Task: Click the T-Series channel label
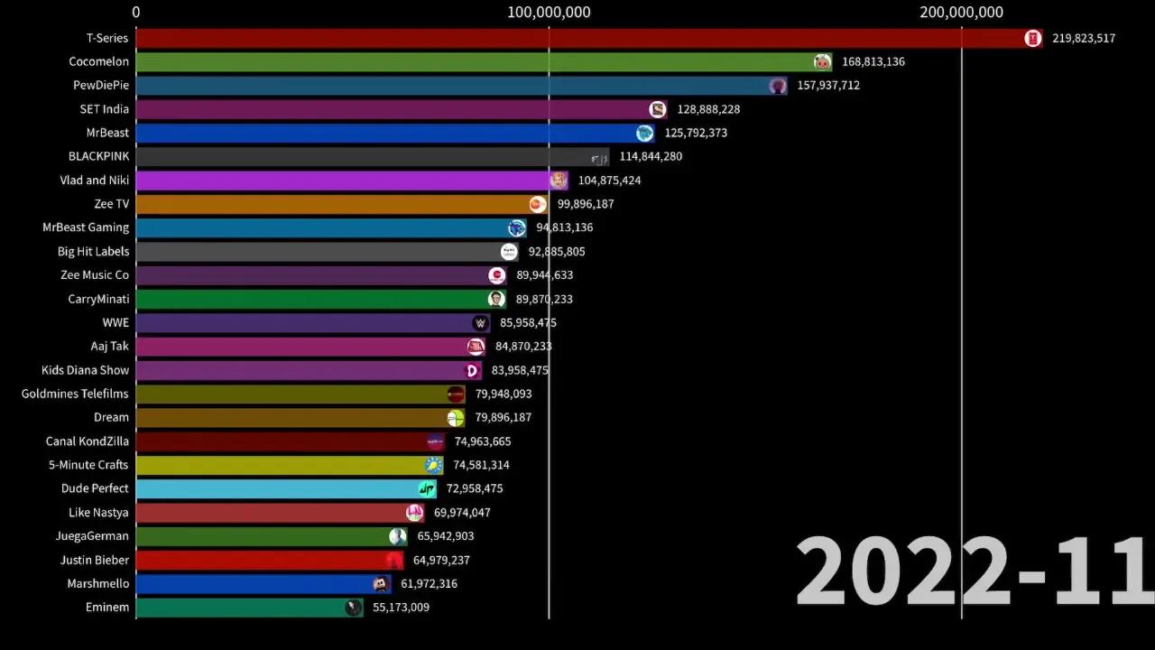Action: [107, 38]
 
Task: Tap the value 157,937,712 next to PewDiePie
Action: [827, 86]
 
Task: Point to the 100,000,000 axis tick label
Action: [549, 12]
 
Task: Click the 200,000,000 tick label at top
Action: [961, 12]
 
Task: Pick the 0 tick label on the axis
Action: [136, 12]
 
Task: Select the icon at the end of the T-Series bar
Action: [1033, 38]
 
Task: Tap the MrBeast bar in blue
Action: [388, 133]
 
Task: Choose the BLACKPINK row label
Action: [98, 156]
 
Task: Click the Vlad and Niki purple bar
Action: [343, 181]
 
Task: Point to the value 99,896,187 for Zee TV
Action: [585, 204]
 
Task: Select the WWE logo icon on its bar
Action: [481, 323]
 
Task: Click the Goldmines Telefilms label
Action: [75, 394]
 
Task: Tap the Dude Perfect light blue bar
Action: [280, 488]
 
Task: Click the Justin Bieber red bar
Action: [262, 560]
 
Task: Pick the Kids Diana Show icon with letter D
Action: [471, 370]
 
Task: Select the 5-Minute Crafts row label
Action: [88, 465]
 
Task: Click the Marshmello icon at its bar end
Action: [381, 584]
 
